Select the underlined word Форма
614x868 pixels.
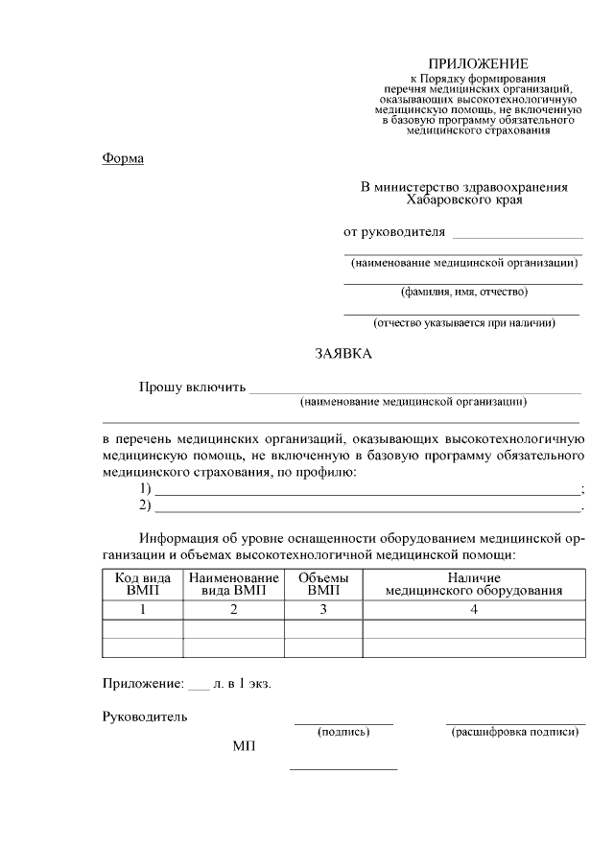point(123,158)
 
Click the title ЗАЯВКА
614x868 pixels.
point(343,354)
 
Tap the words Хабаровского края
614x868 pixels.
point(464,200)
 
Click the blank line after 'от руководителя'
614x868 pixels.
point(517,234)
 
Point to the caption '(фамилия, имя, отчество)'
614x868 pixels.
point(463,292)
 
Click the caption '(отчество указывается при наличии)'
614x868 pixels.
point(463,322)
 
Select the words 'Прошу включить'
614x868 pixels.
point(192,387)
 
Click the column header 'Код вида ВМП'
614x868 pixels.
point(143,584)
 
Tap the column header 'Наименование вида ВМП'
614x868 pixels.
point(233,584)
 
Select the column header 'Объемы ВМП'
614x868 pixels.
point(323,584)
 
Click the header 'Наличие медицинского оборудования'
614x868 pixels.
point(474,584)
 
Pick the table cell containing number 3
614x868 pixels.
point(323,609)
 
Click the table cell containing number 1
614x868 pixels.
point(143,609)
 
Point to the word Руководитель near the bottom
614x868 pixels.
point(145,716)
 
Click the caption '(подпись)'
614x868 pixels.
point(343,732)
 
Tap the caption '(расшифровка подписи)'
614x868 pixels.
point(515,732)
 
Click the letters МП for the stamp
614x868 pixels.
point(244,746)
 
